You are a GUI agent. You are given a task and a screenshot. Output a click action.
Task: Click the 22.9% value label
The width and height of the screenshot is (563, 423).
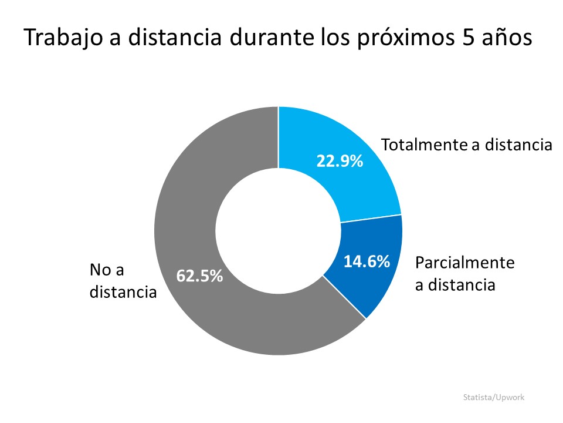(340, 161)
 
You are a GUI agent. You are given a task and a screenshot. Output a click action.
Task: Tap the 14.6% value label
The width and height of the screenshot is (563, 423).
(367, 261)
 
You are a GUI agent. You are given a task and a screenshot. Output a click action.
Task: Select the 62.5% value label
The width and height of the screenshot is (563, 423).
(200, 276)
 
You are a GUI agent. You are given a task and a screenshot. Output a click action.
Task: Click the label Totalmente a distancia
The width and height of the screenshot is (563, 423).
(467, 145)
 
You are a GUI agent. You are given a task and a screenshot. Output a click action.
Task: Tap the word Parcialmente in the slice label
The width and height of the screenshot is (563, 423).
(464, 263)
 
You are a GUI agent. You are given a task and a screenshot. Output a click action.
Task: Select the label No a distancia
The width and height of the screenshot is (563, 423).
(123, 280)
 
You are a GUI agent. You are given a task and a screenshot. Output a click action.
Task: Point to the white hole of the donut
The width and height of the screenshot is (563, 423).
(278, 231)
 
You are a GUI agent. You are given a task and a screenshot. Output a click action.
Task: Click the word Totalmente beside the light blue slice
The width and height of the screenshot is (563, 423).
(423, 145)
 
